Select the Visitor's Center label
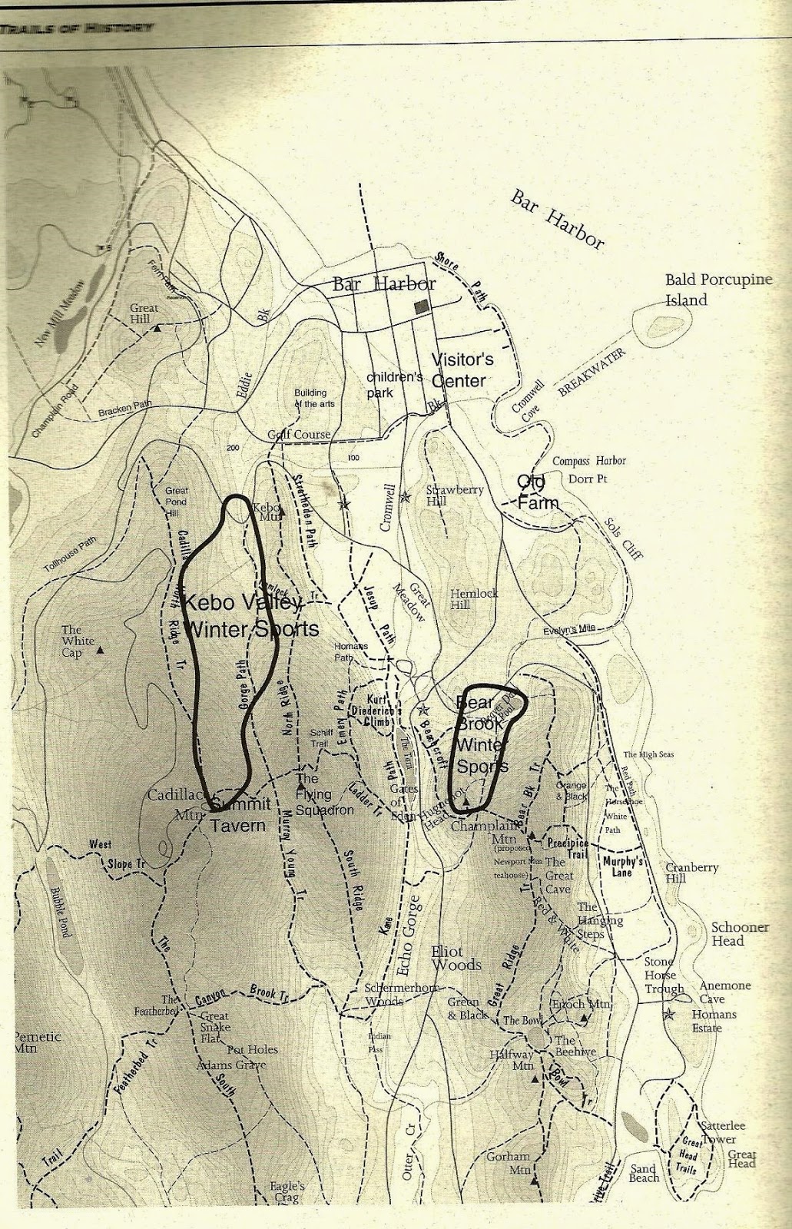[462, 370]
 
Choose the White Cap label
[78, 641]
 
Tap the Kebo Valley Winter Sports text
[252, 615]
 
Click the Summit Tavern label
[240, 815]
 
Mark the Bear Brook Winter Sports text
[482, 734]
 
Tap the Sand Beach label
[644, 1172]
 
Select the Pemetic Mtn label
[36, 1042]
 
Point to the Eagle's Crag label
[287, 1191]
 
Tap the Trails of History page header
[77, 28]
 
